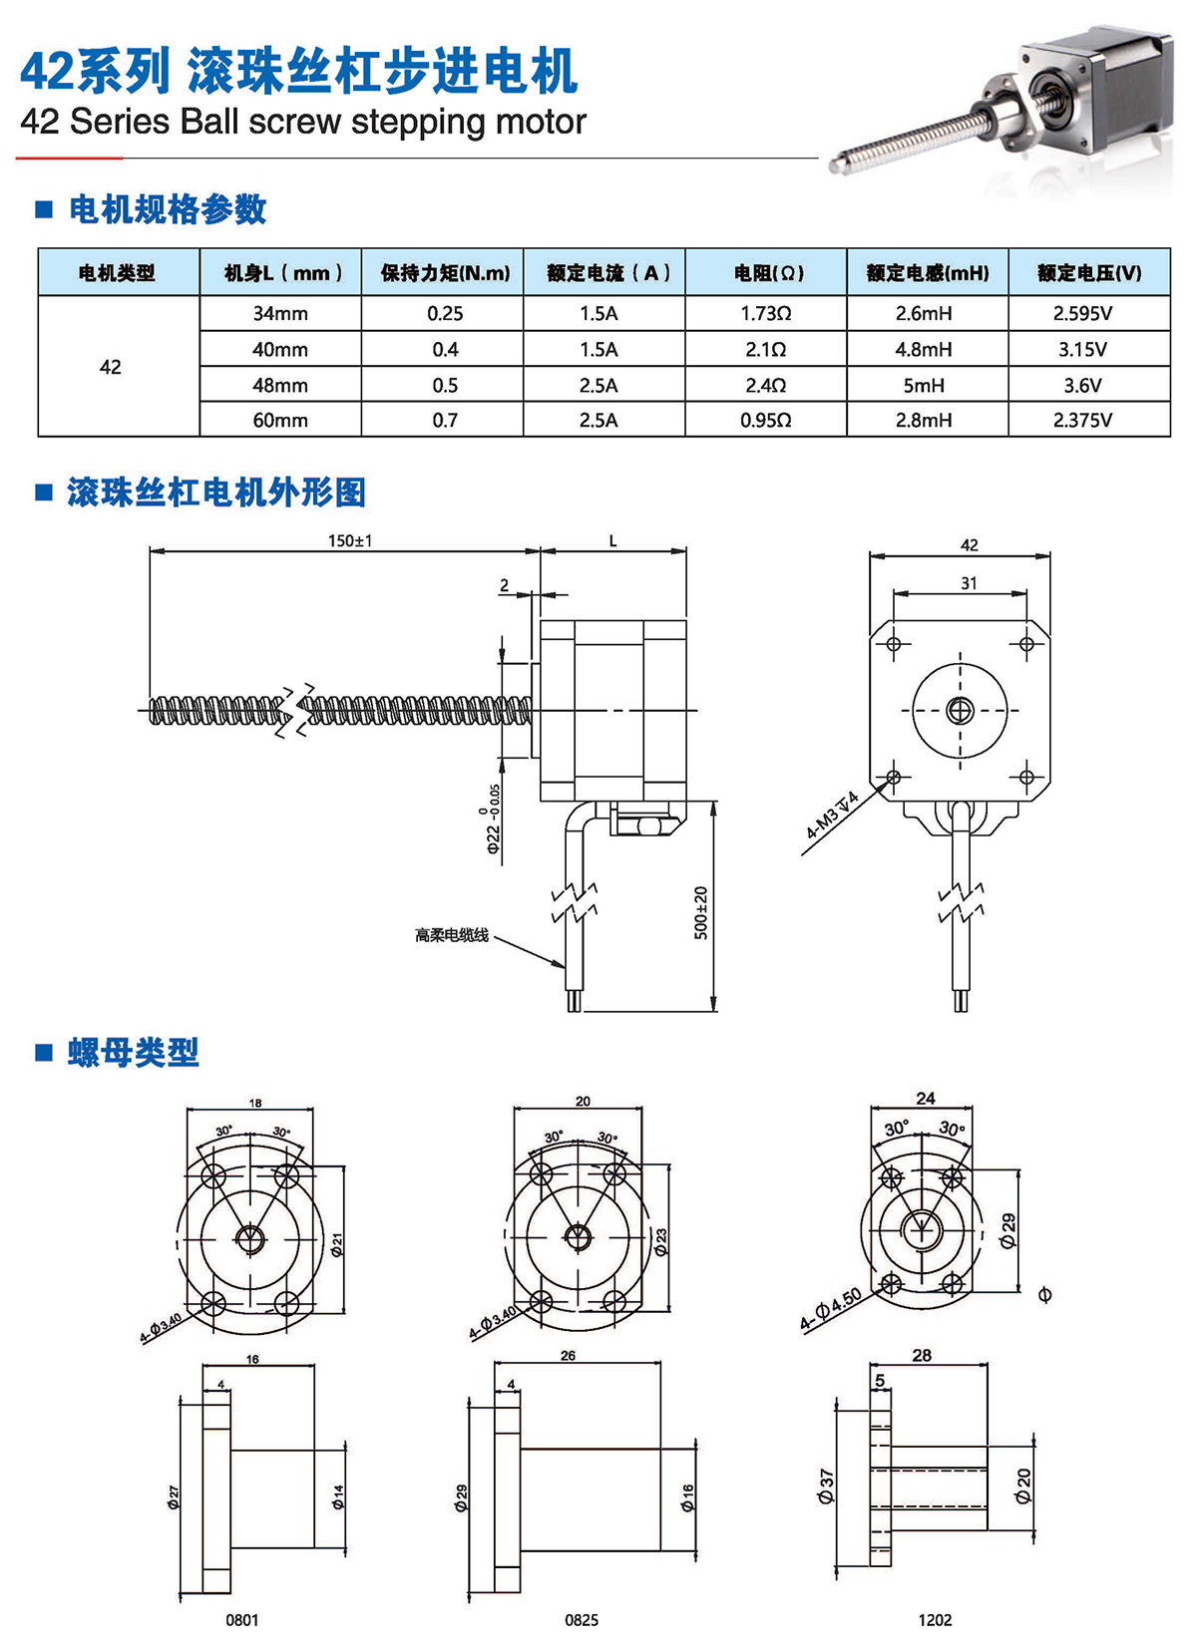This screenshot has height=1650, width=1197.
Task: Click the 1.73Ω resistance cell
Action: coord(765,313)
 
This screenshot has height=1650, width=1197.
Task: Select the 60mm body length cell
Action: coord(280,420)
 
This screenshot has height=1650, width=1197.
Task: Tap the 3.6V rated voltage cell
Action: coord(1082,385)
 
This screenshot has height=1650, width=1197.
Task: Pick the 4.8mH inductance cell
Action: coord(923,349)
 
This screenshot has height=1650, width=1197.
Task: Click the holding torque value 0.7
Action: coord(445,420)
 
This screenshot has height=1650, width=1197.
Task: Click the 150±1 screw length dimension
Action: coord(350,540)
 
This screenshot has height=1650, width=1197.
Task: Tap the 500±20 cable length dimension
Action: coord(701,912)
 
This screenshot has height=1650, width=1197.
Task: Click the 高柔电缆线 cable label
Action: coord(452,935)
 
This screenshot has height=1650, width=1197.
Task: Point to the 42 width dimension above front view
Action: coord(969,545)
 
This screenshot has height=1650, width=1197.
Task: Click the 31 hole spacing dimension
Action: coord(969,583)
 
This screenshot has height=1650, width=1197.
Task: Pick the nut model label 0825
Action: coord(582,1620)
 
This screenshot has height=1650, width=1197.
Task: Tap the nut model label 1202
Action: coord(935,1620)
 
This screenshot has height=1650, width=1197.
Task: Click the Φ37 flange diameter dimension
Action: coord(826,1485)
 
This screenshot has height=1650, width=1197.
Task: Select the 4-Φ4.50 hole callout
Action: coord(831,1310)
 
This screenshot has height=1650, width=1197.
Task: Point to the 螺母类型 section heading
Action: coord(134,1052)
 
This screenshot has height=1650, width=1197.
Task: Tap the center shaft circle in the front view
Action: coord(961,710)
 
